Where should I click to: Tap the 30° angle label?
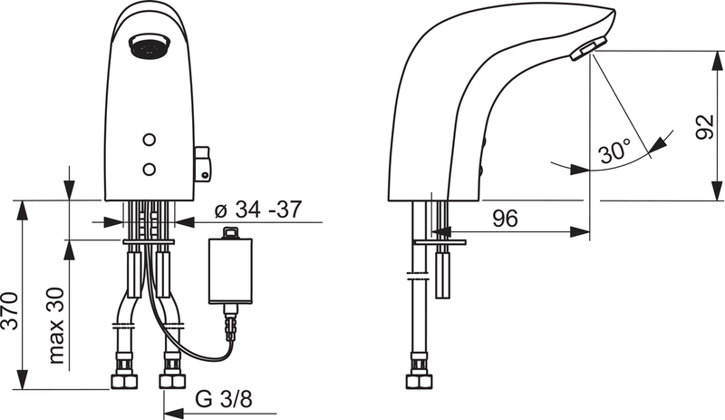point(615,152)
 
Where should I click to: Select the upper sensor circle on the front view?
point(150,141)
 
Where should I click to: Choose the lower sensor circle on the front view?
point(150,168)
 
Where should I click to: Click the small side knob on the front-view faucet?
point(204,164)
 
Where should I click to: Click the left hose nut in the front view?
point(122,376)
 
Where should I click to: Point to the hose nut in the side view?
point(418,376)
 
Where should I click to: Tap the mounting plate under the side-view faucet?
point(440,242)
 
